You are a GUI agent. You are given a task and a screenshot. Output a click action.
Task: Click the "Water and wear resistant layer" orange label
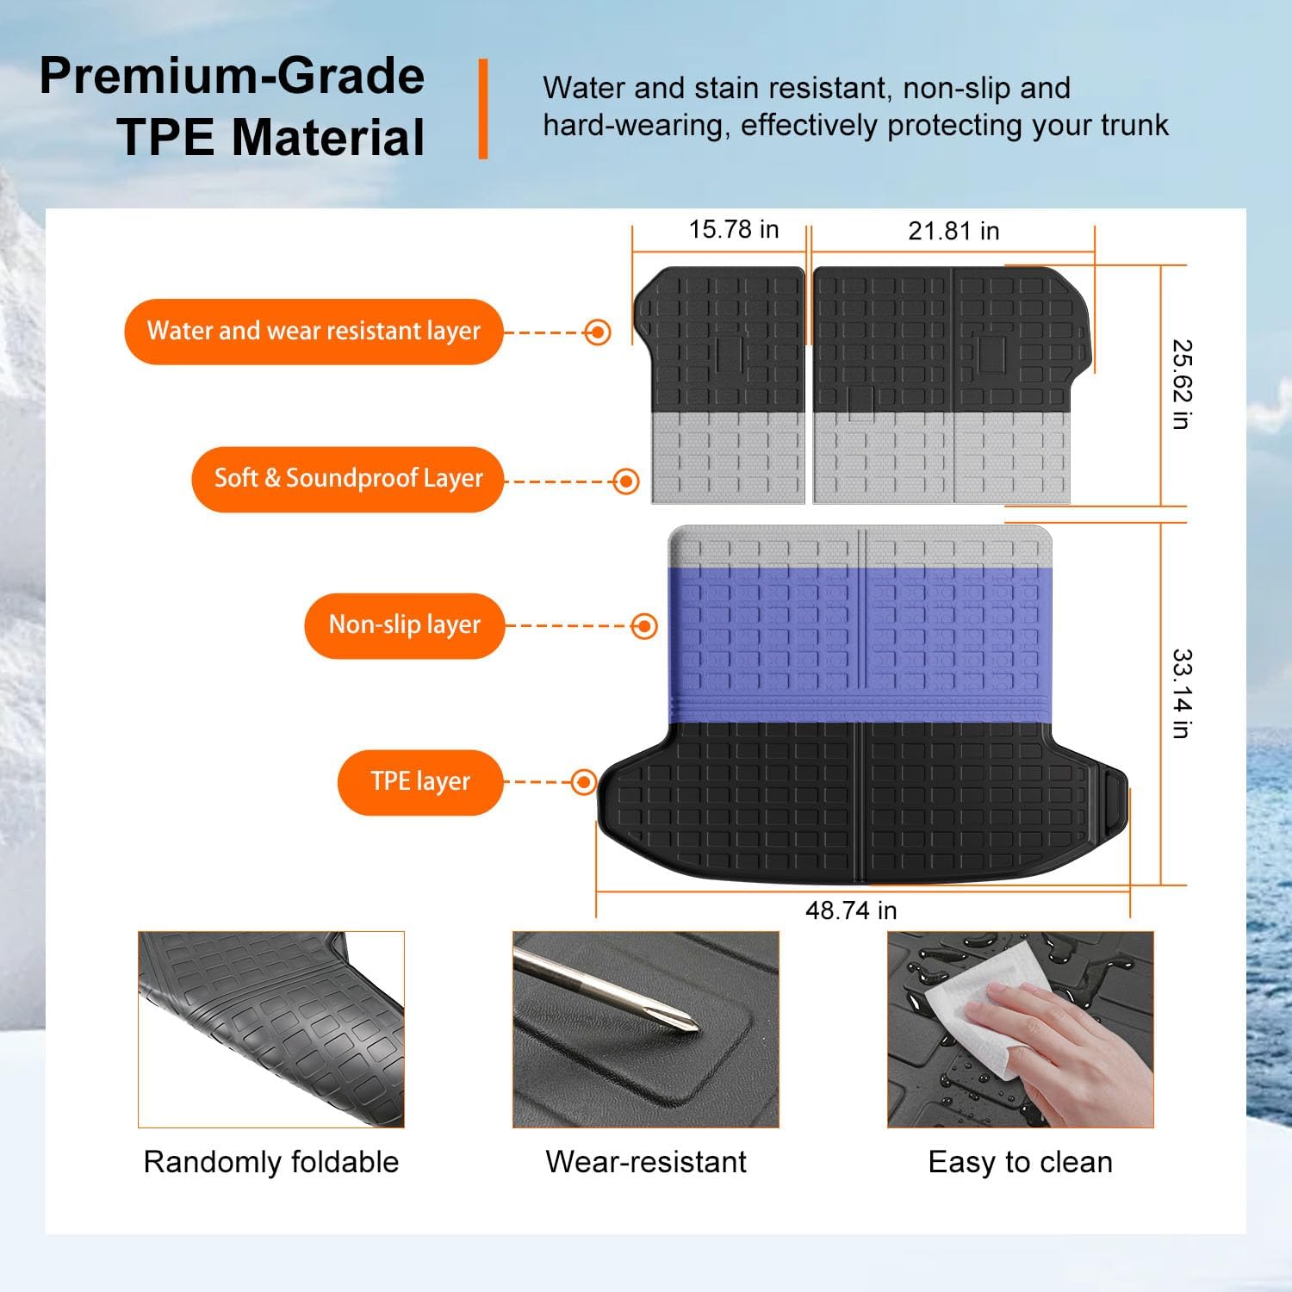coord(314,332)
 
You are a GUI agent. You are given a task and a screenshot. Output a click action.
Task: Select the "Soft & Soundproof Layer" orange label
coord(348,479)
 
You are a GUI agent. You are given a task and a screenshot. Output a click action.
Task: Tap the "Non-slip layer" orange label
coord(404,625)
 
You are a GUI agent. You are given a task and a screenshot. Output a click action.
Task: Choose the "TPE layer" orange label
coord(420,782)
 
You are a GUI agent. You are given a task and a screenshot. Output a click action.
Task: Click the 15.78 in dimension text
coord(734,230)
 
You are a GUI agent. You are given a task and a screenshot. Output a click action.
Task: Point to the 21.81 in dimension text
coord(953,232)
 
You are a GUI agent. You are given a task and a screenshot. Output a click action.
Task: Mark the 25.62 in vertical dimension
coord(1182,384)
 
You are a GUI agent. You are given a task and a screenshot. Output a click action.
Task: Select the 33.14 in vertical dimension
coord(1182,693)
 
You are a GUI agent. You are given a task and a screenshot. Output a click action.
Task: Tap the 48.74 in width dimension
coord(851,910)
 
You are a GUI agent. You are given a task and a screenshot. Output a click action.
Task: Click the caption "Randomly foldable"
coord(271,1162)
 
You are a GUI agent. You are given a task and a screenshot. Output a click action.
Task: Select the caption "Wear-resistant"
coord(646,1162)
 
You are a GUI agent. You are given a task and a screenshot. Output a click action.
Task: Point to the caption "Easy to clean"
coord(1021,1162)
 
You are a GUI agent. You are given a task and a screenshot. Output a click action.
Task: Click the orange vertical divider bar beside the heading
coord(483,109)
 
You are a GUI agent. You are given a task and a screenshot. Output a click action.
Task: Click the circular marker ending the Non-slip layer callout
coord(644,626)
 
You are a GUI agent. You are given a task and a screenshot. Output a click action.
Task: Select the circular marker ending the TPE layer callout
coord(584,782)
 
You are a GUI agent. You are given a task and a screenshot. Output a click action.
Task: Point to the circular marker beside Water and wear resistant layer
coord(597,332)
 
